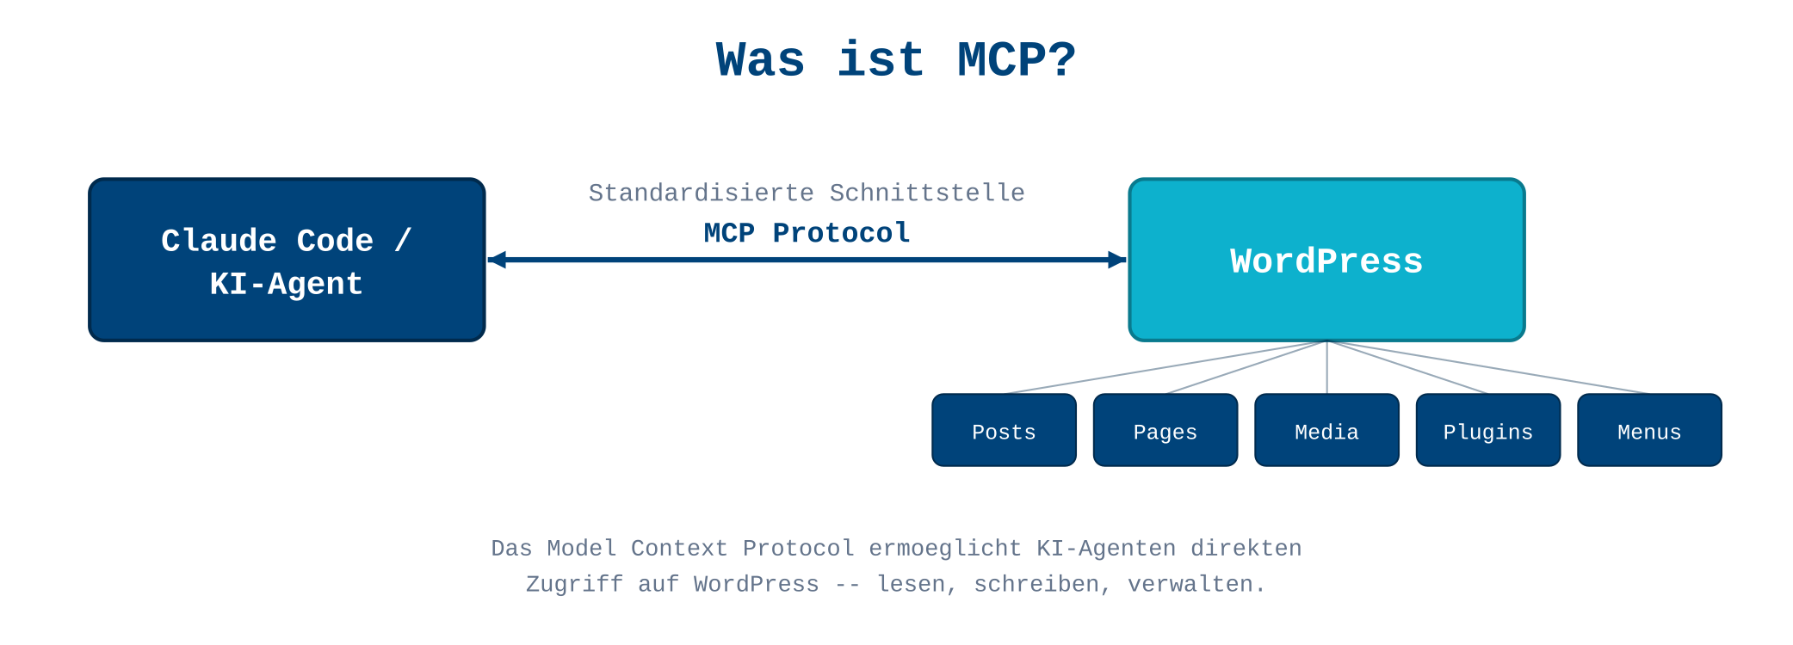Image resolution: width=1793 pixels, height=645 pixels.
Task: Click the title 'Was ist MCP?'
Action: click(896, 60)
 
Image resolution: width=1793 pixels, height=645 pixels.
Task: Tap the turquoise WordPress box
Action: click(1326, 261)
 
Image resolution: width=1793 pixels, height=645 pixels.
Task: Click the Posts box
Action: click(1004, 431)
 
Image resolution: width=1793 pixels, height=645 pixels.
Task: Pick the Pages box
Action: click(1165, 431)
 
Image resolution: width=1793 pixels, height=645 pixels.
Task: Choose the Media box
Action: click(1326, 431)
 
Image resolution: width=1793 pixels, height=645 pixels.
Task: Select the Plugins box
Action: click(1487, 431)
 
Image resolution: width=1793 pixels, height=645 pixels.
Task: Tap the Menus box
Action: click(1649, 431)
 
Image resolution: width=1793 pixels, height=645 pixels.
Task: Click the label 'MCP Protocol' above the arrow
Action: click(807, 233)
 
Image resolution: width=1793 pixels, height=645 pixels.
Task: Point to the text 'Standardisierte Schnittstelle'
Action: click(807, 193)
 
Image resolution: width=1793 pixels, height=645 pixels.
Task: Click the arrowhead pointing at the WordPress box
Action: click(1116, 260)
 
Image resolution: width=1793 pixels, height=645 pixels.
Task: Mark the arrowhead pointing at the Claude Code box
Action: click(498, 260)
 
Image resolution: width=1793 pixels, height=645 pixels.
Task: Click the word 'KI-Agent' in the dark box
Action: click(287, 284)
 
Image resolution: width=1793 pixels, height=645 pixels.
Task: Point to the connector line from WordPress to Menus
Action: click(1489, 368)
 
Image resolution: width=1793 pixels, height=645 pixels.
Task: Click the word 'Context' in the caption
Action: click(679, 549)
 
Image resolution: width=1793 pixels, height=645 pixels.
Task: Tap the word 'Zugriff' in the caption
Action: click(574, 585)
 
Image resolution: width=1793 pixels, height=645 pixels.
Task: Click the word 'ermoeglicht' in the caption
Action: click(945, 549)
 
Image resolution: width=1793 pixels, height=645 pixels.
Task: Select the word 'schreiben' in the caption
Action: click(1036, 585)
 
